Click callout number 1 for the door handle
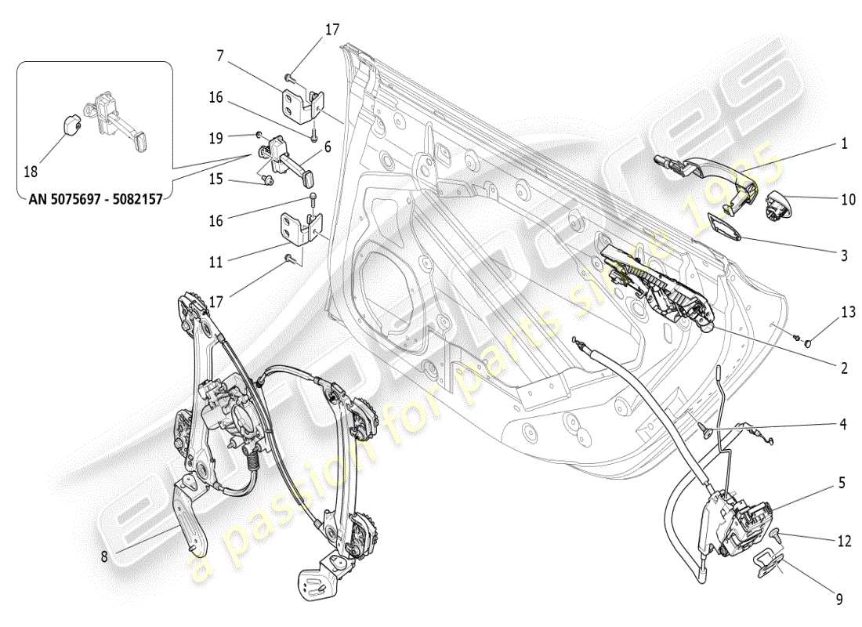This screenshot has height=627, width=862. pyautogui.click(x=844, y=144)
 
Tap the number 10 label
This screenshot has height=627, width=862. pyautogui.click(x=848, y=200)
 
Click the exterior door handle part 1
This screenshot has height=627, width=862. pyautogui.click(x=701, y=172)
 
